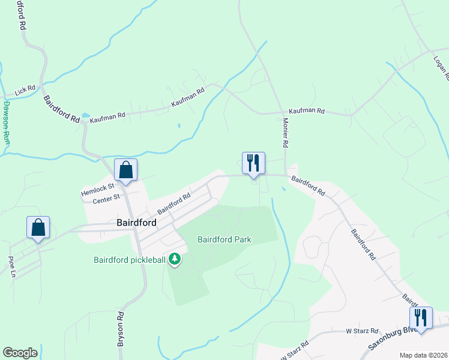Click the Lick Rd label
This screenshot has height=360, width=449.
pos(26,91)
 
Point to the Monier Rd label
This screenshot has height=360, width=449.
pos(286,133)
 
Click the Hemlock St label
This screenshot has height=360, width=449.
pos(98,190)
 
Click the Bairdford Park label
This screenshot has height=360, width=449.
pos(224,239)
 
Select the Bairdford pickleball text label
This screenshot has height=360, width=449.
pos(130,260)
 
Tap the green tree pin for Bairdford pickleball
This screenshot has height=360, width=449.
pos(175,259)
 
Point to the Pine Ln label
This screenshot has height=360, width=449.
pos(11,266)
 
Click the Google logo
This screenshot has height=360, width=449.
pos(20,353)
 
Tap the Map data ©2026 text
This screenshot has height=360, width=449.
pos(423,355)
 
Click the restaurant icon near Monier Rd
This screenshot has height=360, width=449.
pos(253,163)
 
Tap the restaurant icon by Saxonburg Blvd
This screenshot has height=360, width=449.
pos(421,318)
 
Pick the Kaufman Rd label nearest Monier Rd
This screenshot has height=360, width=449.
pos(306,112)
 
